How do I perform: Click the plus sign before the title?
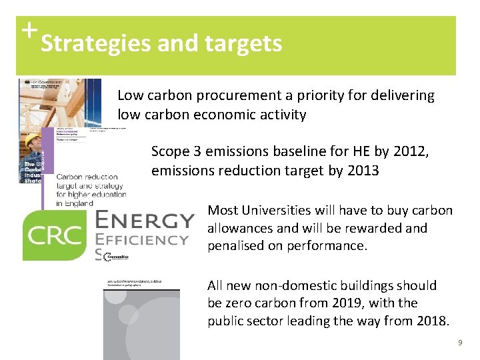coord(27,29)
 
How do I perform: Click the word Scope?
coord(169,152)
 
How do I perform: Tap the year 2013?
coord(363,171)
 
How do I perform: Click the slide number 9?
coord(459,343)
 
